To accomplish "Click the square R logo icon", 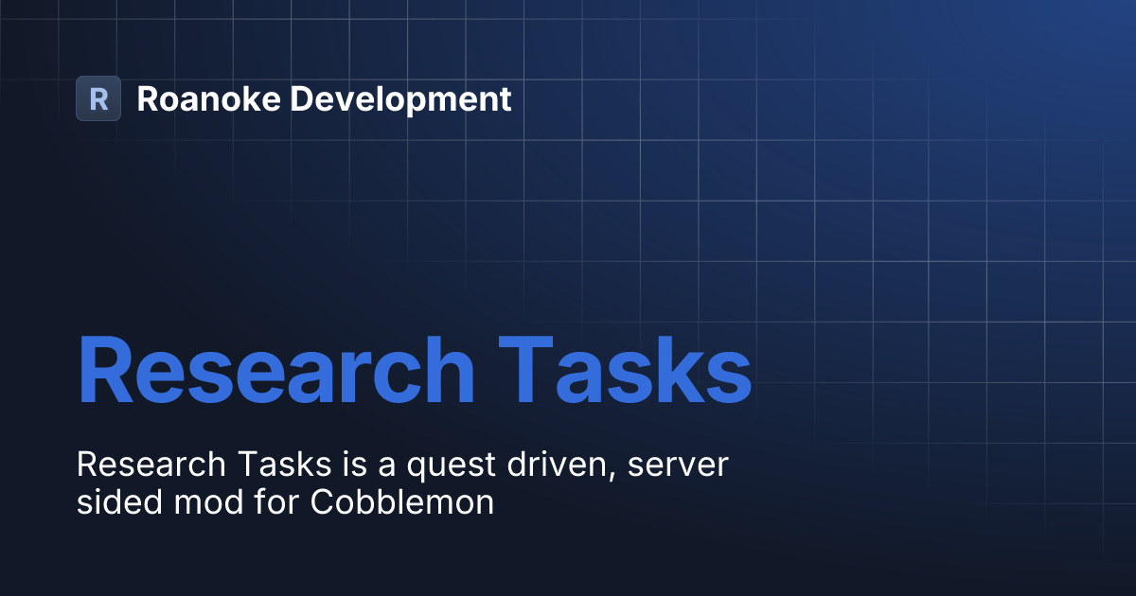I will coord(98,98).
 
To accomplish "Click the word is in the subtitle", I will coord(335,465).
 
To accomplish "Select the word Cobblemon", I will coord(402,501).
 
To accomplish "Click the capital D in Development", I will coord(302,98).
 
